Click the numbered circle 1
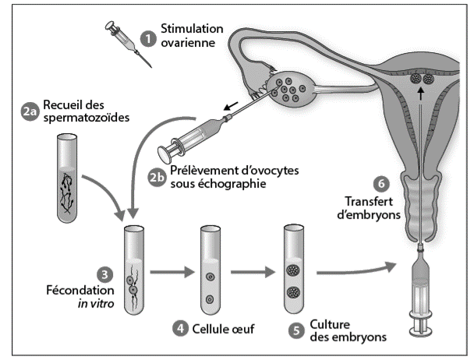click(x=148, y=39)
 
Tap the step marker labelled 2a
click(x=30, y=111)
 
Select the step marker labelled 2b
click(x=157, y=178)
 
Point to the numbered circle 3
click(x=105, y=275)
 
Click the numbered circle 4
click(x=180, y=328)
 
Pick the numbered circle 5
click(x=296, y=330)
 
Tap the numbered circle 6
click(x=381, y=183)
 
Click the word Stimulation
click(x=192, y=29)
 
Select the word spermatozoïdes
click(x=87, y=118)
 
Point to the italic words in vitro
click(x=96, y=304)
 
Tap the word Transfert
click(x=369, y=201)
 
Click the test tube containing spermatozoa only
click(x=67, y=178)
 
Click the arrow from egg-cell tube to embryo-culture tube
click(x=253, y=272)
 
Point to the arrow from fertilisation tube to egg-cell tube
click(x=172, y=272)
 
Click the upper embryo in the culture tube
click(x=293, y=270)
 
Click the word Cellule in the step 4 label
click(x=206, y=329)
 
